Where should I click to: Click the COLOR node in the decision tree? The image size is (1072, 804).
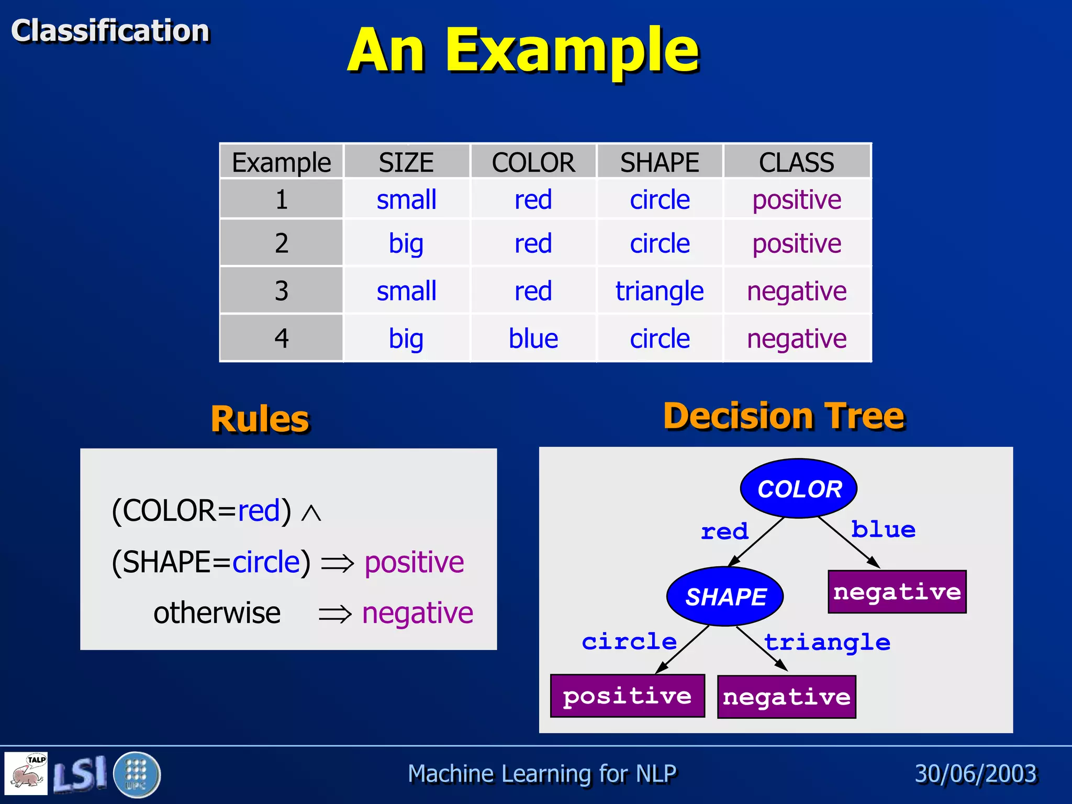click(798, 489)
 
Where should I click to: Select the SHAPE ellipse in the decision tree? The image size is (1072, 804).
click(725, 597)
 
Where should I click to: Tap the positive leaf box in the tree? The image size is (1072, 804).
click(627, 696)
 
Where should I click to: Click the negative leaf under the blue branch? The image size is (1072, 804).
click(897, 592)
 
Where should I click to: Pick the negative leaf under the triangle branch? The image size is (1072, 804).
click(786, 697)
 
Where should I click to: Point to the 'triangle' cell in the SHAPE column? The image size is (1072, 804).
click(660, 291)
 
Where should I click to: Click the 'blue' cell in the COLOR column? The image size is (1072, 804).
click(533, 339)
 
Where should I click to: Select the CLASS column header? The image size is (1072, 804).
click(796, 162)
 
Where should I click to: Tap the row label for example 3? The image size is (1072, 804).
click(282, 291)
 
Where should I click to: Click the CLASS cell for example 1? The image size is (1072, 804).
click(796, 200)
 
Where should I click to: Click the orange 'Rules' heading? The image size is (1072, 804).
click(260, 419)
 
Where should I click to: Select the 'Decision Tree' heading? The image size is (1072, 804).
click(784, 416)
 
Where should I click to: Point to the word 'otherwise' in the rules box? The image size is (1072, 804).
click(217, 613)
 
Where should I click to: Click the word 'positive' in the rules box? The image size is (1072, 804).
click(414, 563)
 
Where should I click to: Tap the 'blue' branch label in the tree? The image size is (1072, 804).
click(883, 530)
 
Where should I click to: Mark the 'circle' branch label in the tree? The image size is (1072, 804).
click(629, 642)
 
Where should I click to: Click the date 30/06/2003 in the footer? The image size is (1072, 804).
click(976, 774)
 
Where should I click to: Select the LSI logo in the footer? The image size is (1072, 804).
click(80, 774)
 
